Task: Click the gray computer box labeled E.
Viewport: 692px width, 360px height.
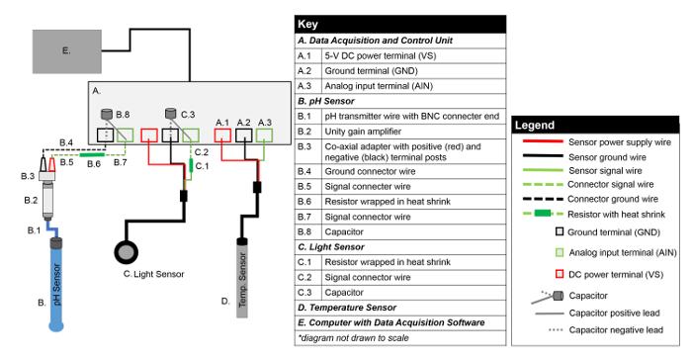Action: [67, 51]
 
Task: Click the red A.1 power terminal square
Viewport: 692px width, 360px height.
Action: [222, 135]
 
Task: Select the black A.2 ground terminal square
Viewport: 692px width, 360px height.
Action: [243, 135]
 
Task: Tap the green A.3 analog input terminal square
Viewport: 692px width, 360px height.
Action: [264, 135]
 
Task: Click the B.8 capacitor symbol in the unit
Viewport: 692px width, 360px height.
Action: [107, 114]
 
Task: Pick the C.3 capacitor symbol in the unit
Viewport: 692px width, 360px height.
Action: [171, 114]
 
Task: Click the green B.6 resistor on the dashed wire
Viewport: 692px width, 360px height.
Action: [92, 154]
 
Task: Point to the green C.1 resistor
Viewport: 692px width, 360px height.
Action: [191, 165]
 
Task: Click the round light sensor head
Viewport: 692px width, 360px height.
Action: [127, 252]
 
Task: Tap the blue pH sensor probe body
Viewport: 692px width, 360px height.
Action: [56, 285]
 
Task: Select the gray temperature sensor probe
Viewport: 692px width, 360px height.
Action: [242, 278]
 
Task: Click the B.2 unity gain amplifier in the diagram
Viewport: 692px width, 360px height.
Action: [47, 200]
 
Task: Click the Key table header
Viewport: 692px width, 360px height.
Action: [400, 25]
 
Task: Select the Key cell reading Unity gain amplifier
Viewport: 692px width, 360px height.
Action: [363, 132]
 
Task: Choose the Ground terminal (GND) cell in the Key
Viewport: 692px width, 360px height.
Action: [371, 71]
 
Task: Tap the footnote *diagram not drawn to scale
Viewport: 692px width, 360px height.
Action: [354, 338]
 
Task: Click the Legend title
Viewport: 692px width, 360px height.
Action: [535, 126]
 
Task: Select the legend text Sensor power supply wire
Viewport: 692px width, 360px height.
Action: [620, 142]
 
